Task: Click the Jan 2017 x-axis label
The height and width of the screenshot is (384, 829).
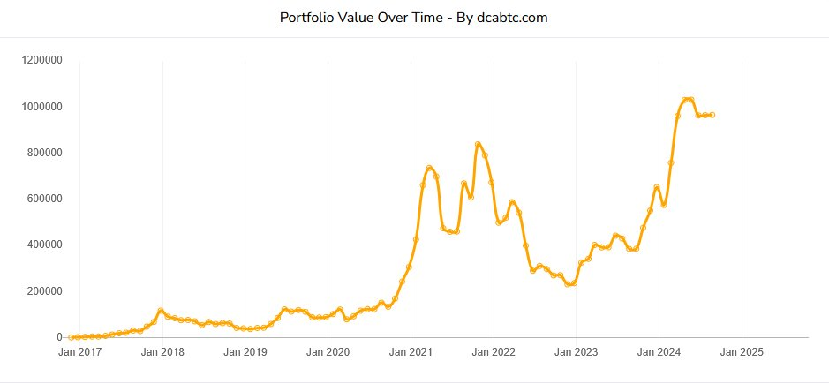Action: tap(79, 352)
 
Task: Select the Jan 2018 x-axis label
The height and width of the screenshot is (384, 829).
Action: tap(162, 352)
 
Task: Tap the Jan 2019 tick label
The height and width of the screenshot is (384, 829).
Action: tap(245, 352)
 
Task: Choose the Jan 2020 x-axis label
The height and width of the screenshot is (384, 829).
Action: tap(328, 352)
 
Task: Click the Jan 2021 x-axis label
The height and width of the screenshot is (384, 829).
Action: tap(411, 352)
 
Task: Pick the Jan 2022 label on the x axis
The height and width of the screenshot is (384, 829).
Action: tap(493, 352)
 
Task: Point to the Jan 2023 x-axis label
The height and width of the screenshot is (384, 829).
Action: tap(576, 352)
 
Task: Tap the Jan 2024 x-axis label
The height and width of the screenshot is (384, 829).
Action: tap(659, 352)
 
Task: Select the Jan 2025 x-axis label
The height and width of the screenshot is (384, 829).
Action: tap(741, 352)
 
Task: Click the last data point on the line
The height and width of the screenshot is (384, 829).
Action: tap(712, 115)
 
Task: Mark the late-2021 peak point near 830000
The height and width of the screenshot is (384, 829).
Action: tap(478, 144)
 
